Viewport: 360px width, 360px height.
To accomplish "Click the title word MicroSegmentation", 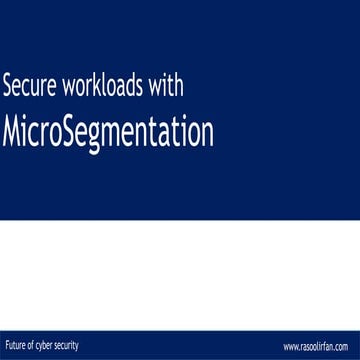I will tap(109, 130).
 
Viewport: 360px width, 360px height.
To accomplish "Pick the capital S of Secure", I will tap(10, 86).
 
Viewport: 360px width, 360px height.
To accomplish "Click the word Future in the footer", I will tap(15, 346).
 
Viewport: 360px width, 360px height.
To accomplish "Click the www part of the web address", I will tap(290, 347).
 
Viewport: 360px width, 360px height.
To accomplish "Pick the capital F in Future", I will tap(7, 346).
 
